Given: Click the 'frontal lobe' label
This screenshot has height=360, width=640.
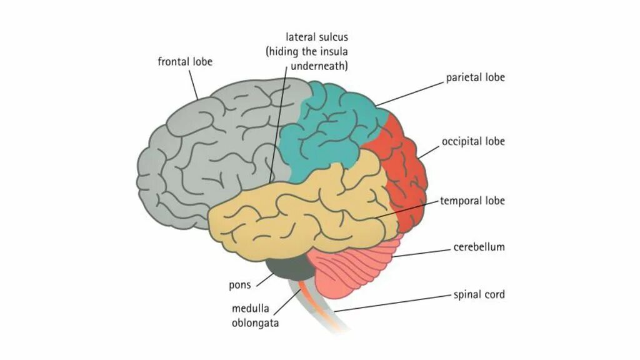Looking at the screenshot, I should [x=185, y=62].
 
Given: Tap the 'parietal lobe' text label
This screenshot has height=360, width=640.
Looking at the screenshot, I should [x=475, y=78].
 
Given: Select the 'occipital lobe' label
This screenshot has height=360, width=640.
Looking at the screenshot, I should [x=473, y=141].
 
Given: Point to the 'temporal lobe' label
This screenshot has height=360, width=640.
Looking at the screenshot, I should [x=472, y=201].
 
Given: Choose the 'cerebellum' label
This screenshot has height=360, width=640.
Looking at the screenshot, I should [x=479, y=247].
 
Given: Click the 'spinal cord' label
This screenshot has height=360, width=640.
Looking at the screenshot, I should [x=479, y=294].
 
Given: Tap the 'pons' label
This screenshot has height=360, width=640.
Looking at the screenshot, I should [x=239, y=285].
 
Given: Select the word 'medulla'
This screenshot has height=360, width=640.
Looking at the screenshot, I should [x=250, y=309].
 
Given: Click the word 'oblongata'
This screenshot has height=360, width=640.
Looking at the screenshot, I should [x=255, y=323].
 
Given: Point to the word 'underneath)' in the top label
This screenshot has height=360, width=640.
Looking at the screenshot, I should [x=319, y=65].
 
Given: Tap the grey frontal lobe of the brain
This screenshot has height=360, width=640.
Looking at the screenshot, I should [x=200, y=150].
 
